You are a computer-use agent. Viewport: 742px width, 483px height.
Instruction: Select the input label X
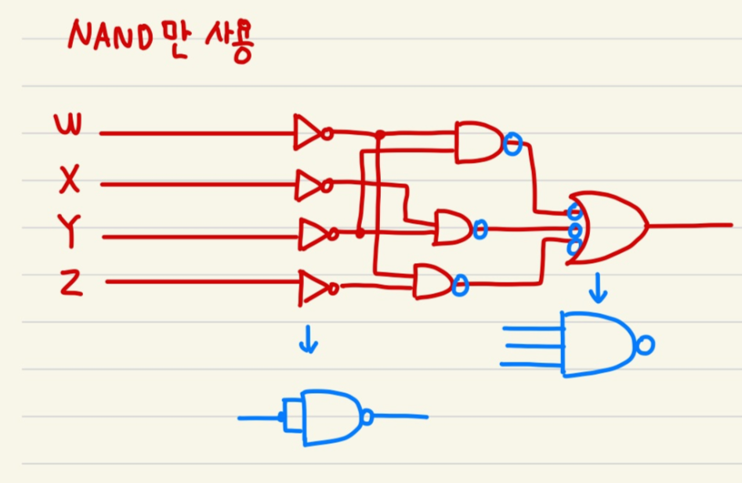70,182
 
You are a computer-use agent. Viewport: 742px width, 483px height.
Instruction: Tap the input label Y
70,233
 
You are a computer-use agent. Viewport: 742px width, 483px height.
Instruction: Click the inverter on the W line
309,132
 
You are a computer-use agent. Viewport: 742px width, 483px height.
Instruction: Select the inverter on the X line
310,185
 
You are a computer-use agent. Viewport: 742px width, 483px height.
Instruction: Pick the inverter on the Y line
313,233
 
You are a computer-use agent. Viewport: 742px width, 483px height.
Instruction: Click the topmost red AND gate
478,141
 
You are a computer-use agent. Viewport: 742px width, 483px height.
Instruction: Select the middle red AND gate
453,227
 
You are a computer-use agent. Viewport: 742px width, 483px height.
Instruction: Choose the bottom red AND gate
432,281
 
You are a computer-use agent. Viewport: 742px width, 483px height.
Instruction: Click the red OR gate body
607,227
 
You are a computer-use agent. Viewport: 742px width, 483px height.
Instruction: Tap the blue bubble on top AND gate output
512,143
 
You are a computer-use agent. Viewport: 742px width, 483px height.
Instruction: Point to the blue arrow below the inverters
309,341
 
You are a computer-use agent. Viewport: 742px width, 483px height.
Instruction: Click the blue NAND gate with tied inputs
329,417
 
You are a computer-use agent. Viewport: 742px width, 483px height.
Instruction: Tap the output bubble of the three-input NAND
646,344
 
